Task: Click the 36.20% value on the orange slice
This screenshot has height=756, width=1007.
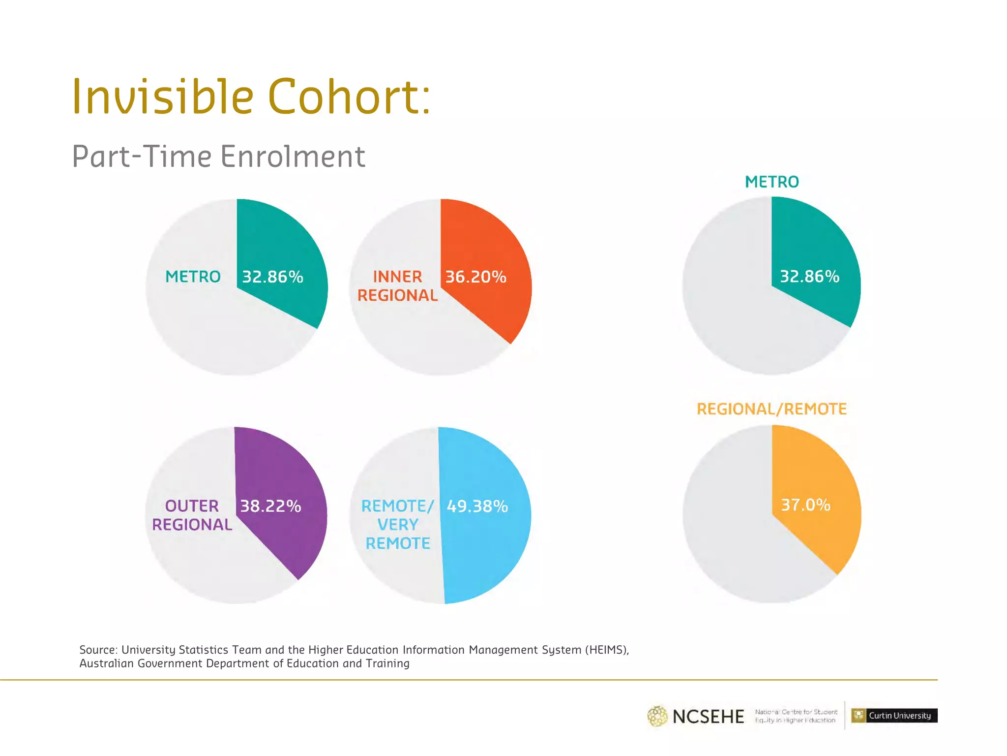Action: pos(475,277)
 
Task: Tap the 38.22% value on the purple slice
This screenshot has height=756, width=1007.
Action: pos(270,506)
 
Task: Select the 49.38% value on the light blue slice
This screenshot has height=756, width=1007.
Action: pos(477,506)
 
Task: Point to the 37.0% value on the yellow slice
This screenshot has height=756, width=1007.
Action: pos(805,505)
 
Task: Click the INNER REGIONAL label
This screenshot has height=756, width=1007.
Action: pos(397,286)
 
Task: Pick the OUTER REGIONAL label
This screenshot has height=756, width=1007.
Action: pos(192,515)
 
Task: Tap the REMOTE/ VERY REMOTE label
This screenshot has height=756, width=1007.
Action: pos(397,525)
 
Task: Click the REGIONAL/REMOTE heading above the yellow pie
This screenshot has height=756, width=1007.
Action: pos(771,409)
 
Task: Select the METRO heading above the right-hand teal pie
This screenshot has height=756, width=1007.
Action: pos(771,182)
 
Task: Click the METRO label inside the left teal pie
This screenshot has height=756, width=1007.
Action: pos(193,277)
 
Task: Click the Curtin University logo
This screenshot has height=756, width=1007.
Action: pos(894,715)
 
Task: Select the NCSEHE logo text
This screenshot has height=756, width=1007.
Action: pos(708,717)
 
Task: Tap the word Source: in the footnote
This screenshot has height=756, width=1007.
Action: pos(98,650)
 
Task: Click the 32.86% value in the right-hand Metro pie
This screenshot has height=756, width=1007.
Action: pos(809,277)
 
